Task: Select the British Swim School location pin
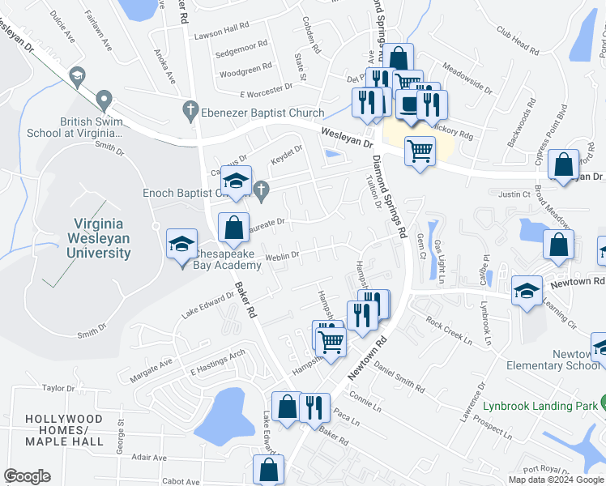click(x=103, y=101)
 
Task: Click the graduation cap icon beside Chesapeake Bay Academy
click(x=181, y=243)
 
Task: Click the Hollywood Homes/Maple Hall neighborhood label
click(x=64, y=430)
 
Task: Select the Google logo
click(x=27, y=476)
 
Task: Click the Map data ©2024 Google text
click(x=555, y=480)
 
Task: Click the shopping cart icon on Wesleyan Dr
click(x=420, y=150)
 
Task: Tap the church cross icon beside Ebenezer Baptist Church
click(x=190, y=108)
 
